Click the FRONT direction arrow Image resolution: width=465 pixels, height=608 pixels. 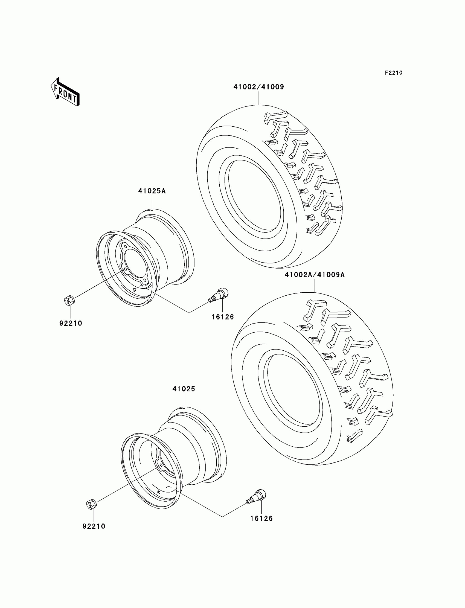pos(65,92)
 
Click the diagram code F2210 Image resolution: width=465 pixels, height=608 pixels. pos(393,73)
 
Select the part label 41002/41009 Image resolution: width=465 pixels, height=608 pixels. pos(258,87)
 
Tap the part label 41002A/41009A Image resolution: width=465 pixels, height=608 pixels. pos(315,275)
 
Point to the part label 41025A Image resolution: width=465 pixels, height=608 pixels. pos(152,191)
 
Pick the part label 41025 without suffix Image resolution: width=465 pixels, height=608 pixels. pos(184,389)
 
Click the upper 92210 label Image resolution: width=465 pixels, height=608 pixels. pos(71,323)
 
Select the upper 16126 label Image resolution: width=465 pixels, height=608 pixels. pos(223,317)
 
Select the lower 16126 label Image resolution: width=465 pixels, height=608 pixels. pos(261,518)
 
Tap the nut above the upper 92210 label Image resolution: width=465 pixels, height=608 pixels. pos(69,300)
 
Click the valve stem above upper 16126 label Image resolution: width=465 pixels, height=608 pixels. pos(219,295)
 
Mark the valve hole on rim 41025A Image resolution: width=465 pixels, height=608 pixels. pos(134,290)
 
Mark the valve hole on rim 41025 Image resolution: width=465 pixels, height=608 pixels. pos(159,492)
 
